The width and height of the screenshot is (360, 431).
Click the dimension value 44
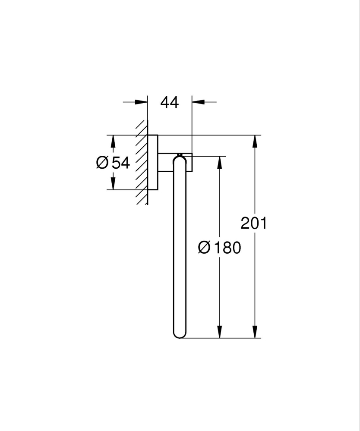[x=169, y=102]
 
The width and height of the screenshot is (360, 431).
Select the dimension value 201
[x=254, y=223]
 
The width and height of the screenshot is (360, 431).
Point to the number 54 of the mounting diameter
[x=121, y=163]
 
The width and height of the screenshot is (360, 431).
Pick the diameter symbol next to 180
[x=204, y=248]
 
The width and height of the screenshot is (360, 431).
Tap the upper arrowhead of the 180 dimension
[x=220, y=163]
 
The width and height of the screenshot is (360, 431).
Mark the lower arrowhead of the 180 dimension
[x=220, y=331]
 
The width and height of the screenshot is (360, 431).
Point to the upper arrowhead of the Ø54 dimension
[x=113, y=142]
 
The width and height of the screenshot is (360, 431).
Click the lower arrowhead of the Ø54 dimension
[x=113, y=183]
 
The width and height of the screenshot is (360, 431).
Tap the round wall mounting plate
[x=153, y=163]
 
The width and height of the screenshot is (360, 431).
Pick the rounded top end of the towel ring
[x=179, y=160]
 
